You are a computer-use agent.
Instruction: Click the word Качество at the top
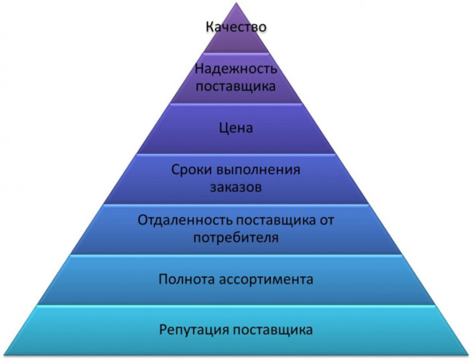236,26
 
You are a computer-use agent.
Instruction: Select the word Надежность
236,69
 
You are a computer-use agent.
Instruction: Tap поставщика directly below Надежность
236,86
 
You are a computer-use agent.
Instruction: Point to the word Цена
236,129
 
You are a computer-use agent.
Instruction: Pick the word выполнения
259,170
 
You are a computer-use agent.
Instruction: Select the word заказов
236,187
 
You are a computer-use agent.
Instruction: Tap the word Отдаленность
184,220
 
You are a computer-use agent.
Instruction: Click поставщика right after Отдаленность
276,220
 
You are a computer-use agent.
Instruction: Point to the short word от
327,220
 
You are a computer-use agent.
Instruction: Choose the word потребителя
236,238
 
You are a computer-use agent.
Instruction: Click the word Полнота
187,279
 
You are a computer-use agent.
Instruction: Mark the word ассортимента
266,279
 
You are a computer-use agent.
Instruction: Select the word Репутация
194,330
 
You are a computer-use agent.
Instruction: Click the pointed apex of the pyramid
236,3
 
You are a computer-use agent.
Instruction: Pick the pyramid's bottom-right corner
468,355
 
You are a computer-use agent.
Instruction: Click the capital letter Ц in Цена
224,129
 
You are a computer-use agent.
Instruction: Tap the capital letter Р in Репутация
163,330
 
